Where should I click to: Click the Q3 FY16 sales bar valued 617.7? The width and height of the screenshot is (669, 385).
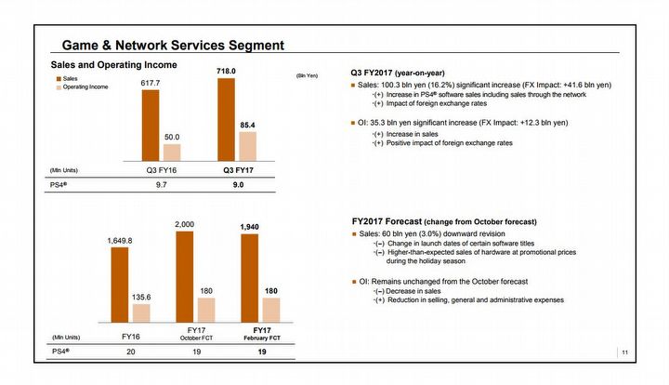[x=151, y=126]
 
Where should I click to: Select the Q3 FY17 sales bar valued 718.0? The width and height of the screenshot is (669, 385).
[x=227, y=120]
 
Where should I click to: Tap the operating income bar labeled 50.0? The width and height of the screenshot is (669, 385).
[x=172, y=153]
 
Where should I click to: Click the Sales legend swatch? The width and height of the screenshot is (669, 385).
[x=57, y=80]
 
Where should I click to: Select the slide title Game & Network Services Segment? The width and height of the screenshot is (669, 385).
[x=172, y=45]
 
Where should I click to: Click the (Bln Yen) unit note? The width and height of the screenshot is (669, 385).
[x=307, y=74]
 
